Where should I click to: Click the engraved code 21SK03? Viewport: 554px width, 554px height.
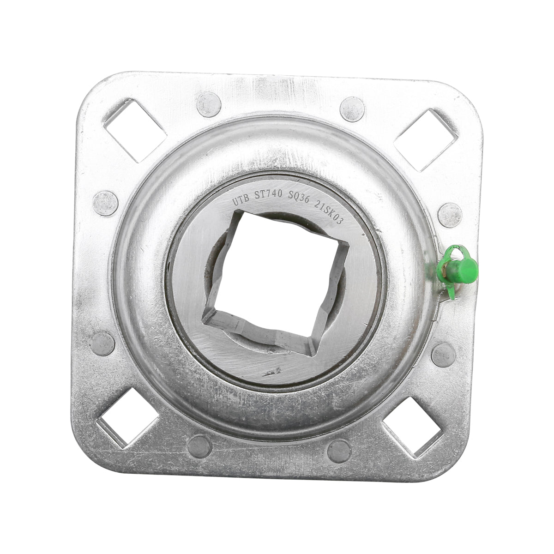click(329, 212)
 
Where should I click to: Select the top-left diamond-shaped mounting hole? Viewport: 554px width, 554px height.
click(135, 130)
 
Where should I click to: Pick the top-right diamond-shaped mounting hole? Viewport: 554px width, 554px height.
click(426, 139)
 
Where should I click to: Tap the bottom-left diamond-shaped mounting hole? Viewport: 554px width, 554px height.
click(128, 418)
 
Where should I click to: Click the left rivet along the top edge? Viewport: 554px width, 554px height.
click(209, 104)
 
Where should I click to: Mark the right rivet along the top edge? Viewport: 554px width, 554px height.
click(352, 109)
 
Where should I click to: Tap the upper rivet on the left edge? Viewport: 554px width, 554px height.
click(105, 203)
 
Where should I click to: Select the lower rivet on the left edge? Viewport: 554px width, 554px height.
click(102, 343)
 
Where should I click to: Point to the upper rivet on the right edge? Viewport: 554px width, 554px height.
click(450, 215)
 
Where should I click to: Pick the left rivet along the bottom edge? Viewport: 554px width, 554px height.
click(199, 446)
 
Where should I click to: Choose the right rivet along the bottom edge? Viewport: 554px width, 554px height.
click(339, 451)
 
